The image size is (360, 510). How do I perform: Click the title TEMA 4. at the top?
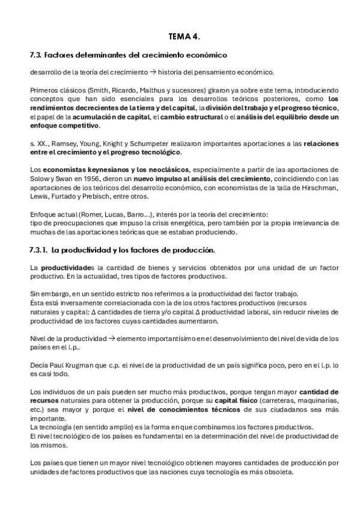point(184,36)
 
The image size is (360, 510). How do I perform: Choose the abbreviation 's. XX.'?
point(37,144)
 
